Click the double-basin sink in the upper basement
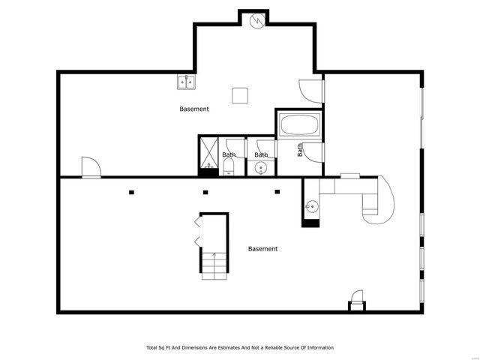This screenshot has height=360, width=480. pyautogui.click(x=186, y=82)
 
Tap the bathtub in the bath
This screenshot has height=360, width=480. pyautogui.click(x=300, y=124)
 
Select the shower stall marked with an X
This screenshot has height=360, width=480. pyautogui.click(x=209, y=152)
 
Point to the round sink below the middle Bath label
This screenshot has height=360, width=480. pyautogui.click(x=261, y=168)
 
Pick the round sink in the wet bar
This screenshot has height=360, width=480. pyautogui.click(x=312, y=207)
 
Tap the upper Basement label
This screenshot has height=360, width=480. pyautogui.click(x=194, y=109)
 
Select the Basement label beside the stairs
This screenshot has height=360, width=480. pyautogui.click(x=262, y=249)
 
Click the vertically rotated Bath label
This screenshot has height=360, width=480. pyautogui.click(x=300, y=150)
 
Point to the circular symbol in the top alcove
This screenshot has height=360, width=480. pyautogui.click(x=257, y=21)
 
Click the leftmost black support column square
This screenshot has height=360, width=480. pyautogui.click(x=131, y=192)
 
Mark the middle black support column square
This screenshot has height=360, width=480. pyautogui.click(x=205, y=192)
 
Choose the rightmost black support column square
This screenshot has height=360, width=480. pyautogui.click(x=277, y=192)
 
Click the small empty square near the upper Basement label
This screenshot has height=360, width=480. pyautogui.click(x=240, y=95)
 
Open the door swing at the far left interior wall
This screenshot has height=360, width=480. pyautogui.click(x=91, y=167)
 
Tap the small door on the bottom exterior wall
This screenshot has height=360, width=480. pyautogui.click(x=357, y=300)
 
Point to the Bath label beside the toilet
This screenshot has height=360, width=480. pyautogui.click(x=229, y=154)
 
